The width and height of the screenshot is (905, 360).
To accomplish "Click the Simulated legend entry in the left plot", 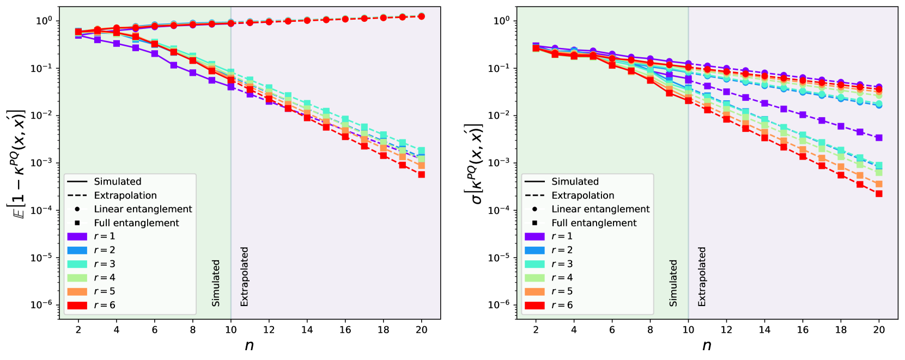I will (x=117, y=182).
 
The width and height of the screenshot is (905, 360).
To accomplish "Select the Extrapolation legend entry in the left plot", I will (x=125, y=196).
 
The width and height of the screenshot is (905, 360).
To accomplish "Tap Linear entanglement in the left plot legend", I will (x=142, y=209).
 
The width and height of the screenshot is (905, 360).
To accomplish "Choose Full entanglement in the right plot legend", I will (x=593, y=223).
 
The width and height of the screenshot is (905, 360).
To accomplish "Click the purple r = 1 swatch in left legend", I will (x=77, y=236).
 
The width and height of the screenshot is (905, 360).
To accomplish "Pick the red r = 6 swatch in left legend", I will (x=77, y=306).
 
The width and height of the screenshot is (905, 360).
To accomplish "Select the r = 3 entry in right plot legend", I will (x=562, y=264).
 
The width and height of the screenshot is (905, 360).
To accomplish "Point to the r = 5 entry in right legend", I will (x=562, y=291).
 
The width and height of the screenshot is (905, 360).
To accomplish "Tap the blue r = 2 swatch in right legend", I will (x=535, y=251).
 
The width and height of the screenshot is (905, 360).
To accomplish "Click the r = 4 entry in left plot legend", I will (x=104, y=278).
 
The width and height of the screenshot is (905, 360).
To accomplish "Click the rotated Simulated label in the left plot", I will (x=216, y=283).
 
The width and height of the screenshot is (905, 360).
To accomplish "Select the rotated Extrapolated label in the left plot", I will (x=245, y=276).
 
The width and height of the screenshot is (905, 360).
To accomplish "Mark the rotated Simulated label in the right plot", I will (x=674, y=283).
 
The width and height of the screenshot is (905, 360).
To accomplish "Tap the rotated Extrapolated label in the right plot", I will (x=702, y=276).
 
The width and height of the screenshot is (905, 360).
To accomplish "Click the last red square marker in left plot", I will (x=421, y=175).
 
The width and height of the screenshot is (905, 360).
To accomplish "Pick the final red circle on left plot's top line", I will (x=421, y=17).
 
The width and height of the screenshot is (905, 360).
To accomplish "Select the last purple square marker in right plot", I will (x=879, y=138).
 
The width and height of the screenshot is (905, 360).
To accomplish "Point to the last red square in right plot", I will (x=879, y=194).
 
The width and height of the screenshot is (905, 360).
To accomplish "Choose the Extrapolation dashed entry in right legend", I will (x=582, y=196).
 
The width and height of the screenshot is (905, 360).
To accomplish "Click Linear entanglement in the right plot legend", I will (x=600, y=209).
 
